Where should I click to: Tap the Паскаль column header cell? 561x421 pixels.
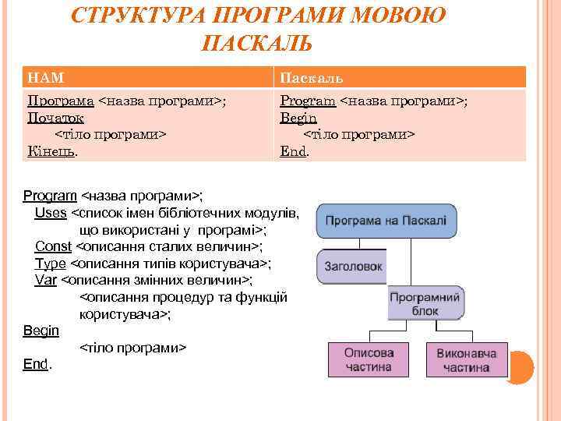(400, 78)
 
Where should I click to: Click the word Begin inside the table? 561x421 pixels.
(298, 118)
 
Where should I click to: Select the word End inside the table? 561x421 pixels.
(293, 151)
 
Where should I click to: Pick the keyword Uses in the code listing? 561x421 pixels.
(51, 213)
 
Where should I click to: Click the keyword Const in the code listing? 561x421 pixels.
(54, 246)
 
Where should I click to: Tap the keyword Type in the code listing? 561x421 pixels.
(51, 264)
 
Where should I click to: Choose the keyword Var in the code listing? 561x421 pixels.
(46, 280)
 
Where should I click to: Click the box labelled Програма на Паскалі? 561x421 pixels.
(386, 221)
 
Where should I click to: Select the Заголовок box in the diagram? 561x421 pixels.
(351, 267)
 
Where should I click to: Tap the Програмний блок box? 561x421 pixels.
(425, 303)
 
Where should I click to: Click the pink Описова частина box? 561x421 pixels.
(369, 359)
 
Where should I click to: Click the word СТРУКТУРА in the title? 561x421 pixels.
(140, 15)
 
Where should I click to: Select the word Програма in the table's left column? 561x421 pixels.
(61, 101)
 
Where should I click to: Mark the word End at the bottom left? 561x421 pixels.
(35, 363)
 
